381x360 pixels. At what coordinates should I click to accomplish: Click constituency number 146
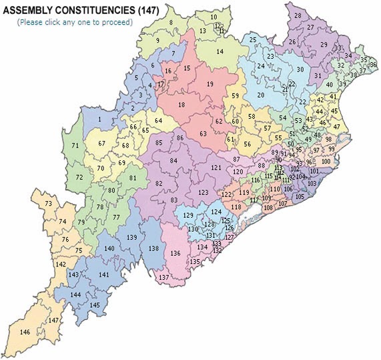pos(25,332)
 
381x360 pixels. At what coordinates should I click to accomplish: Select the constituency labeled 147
pos(54,321)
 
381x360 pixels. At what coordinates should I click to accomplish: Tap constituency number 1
pos(99,120)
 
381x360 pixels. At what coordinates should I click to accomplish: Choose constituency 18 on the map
pos(181,105)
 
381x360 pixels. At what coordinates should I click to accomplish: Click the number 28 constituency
pos(298,15)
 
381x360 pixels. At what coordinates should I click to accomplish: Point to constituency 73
pos(48,204)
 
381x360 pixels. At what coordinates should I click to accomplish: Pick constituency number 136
pos(175,253)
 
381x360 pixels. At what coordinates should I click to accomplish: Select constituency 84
pos(174,160)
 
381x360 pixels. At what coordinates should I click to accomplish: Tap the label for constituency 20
pos(261,95)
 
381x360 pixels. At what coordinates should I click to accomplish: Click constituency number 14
pos(220,51)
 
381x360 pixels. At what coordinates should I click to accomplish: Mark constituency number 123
pos(204,192)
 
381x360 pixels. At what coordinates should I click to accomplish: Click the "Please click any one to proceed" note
pos(75,22)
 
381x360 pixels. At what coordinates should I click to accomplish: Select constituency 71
pos(75,146)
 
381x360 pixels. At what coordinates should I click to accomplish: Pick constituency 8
pos(171,23)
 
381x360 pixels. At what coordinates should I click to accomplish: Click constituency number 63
pos(204,134)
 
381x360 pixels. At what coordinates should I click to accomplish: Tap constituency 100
pos(326,162)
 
